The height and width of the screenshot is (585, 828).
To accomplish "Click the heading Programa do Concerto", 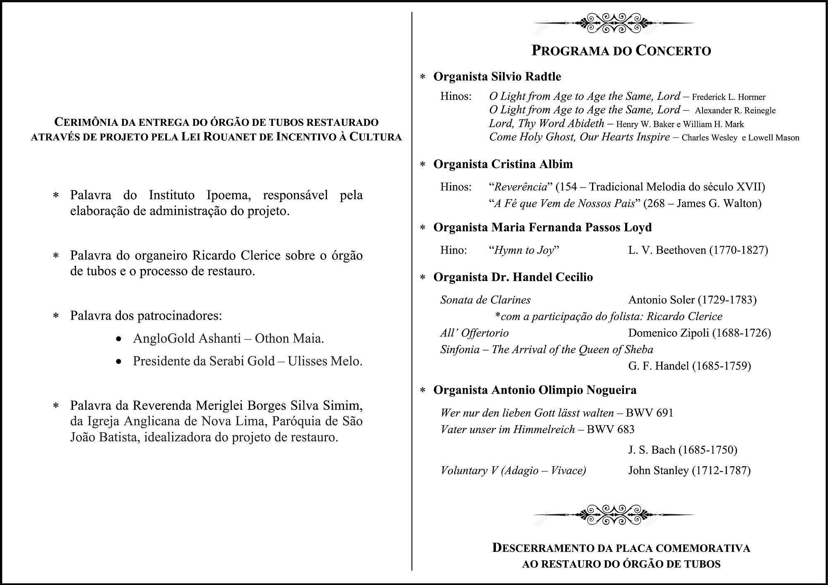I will point(621,51).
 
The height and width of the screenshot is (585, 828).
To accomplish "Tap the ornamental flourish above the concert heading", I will point(614,23).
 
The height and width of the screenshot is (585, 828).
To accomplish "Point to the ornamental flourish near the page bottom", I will point(614,515).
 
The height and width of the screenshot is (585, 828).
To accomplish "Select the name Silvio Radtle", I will point(526,77).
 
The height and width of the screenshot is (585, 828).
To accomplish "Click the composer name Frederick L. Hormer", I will point(729,97).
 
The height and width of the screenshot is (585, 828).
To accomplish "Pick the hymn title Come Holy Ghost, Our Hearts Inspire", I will point(579,137).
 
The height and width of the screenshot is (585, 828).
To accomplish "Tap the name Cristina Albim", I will point(532,164).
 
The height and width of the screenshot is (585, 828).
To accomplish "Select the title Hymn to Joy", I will point(524,250).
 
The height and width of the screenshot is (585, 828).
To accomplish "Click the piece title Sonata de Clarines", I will point(485,300).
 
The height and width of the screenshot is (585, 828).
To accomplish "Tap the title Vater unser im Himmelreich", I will point(508,430).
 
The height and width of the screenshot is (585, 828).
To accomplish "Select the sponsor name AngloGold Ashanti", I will point(187,339).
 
